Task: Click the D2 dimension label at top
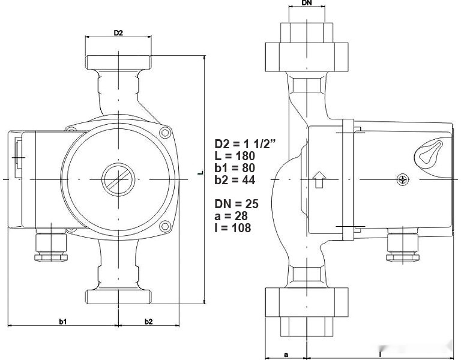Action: tap(118, 32)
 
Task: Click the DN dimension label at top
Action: tap(306, 4)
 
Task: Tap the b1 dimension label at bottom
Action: tap(62, 322)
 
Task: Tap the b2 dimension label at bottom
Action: tap(148, 322)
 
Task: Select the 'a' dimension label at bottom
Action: tap(286, 355)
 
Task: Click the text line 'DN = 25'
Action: tap(237, 204)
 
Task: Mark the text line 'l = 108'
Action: tap(233, 228)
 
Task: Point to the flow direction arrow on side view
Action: tap(319, 179)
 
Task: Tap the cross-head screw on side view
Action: tap(402, 179)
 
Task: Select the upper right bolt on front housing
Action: tap(164, 132)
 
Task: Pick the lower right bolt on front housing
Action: tap(164, 226)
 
